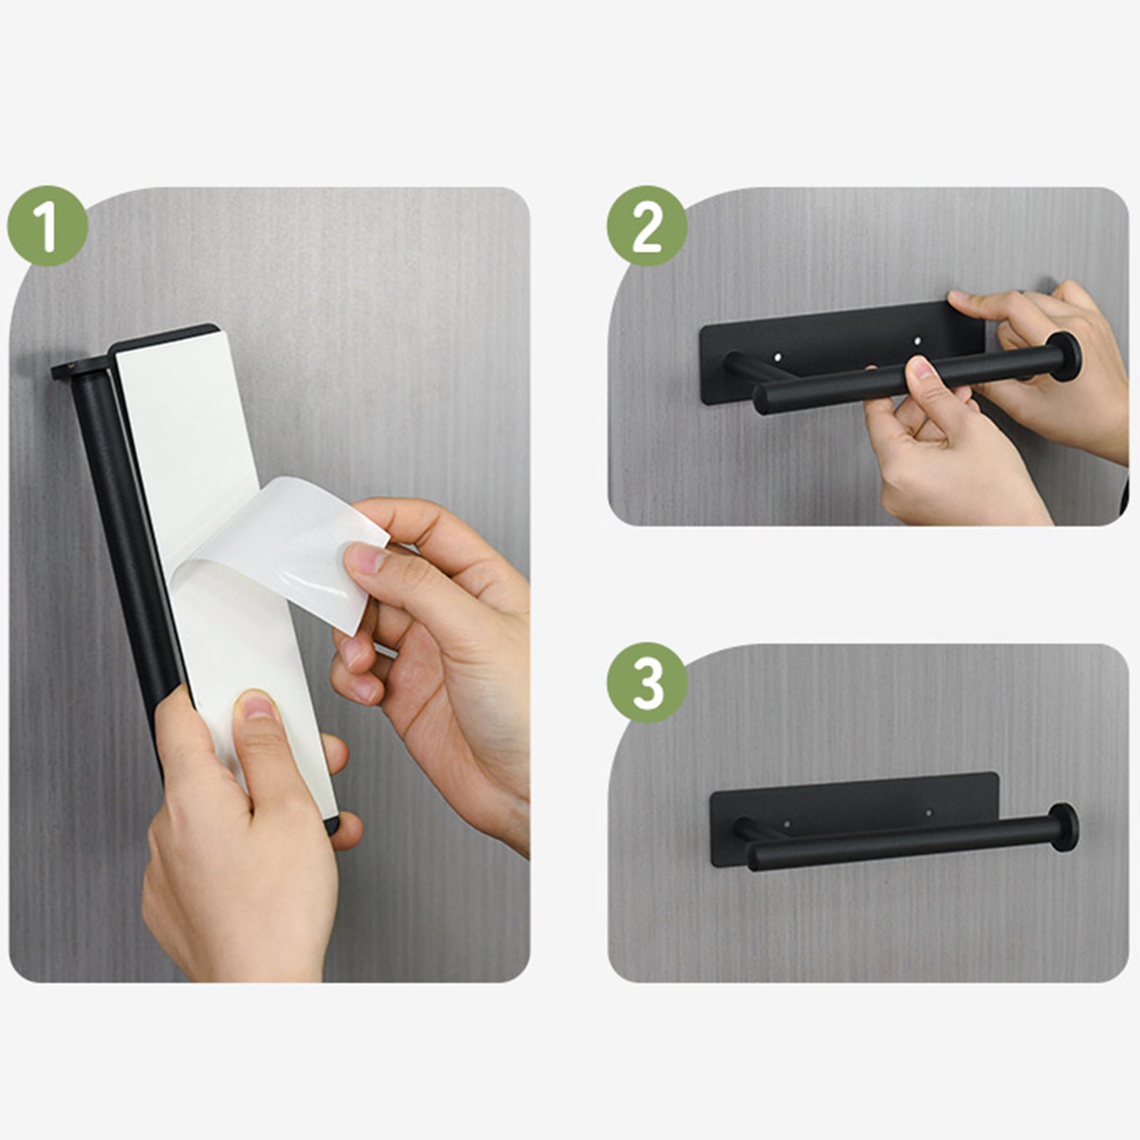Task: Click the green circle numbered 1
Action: (48, 227)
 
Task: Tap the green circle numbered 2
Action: (647, 227)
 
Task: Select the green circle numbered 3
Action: (647, 683)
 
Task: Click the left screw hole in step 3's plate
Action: (787, 824)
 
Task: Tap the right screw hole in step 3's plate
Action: (930, 812)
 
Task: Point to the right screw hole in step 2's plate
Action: (917, 341)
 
